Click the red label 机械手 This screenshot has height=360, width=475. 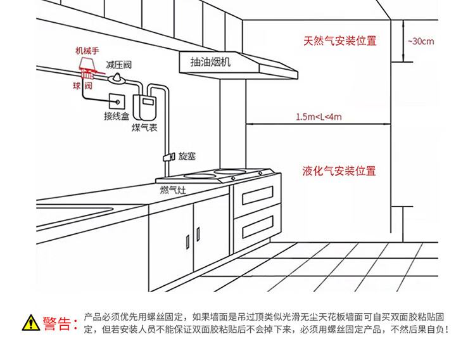(87, 51)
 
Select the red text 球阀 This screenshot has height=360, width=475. (82, 85)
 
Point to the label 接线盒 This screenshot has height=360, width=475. (117, 117)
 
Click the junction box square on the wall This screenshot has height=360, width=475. (117, 100)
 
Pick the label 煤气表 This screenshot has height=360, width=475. (144, 128)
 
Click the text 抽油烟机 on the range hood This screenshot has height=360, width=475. (211, 61)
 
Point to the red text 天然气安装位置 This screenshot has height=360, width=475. (339, 41)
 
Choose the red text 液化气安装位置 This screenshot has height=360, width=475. (339, 171)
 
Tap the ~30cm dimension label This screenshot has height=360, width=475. (421, 41)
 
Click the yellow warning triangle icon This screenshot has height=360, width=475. (30, 323)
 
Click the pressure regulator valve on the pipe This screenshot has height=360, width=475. (117, 78)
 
